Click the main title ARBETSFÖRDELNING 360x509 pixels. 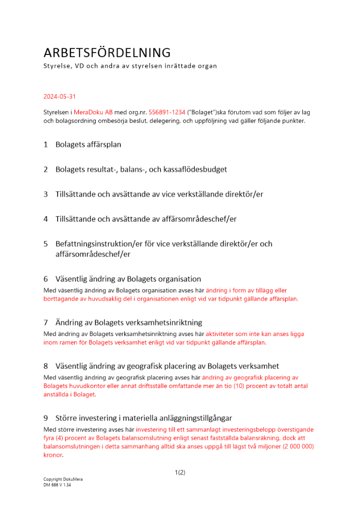pyautogui.click(x=106, y=52)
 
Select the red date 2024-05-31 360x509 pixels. pyautogui.click(x=60, y=96)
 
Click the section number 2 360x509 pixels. pyautogui.click(x=45, y=169)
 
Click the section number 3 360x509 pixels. pyautogui.click(x=45, y=194)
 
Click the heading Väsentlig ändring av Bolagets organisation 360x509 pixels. pyautogui.click(x=128, y=279)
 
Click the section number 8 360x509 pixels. pyautogui.click(x=45, y=366)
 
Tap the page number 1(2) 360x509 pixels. pyautogui.click(x=180, y=472)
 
